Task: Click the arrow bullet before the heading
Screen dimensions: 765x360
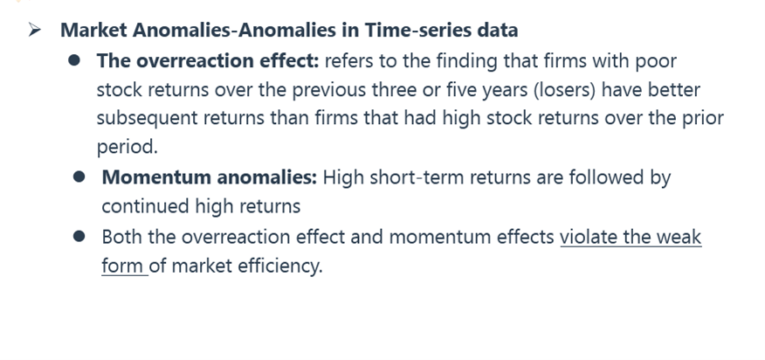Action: [x=35, y=30]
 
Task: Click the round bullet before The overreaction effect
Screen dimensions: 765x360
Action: [x=74, y=60]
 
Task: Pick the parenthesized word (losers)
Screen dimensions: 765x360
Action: [x=564, y=90]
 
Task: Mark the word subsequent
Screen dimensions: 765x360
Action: [x=147, y=119]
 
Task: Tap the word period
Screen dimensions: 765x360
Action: [x=127, y=148]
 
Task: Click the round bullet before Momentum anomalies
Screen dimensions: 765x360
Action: [x=79, y=177]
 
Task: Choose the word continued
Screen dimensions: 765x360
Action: [x=146, y=206]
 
